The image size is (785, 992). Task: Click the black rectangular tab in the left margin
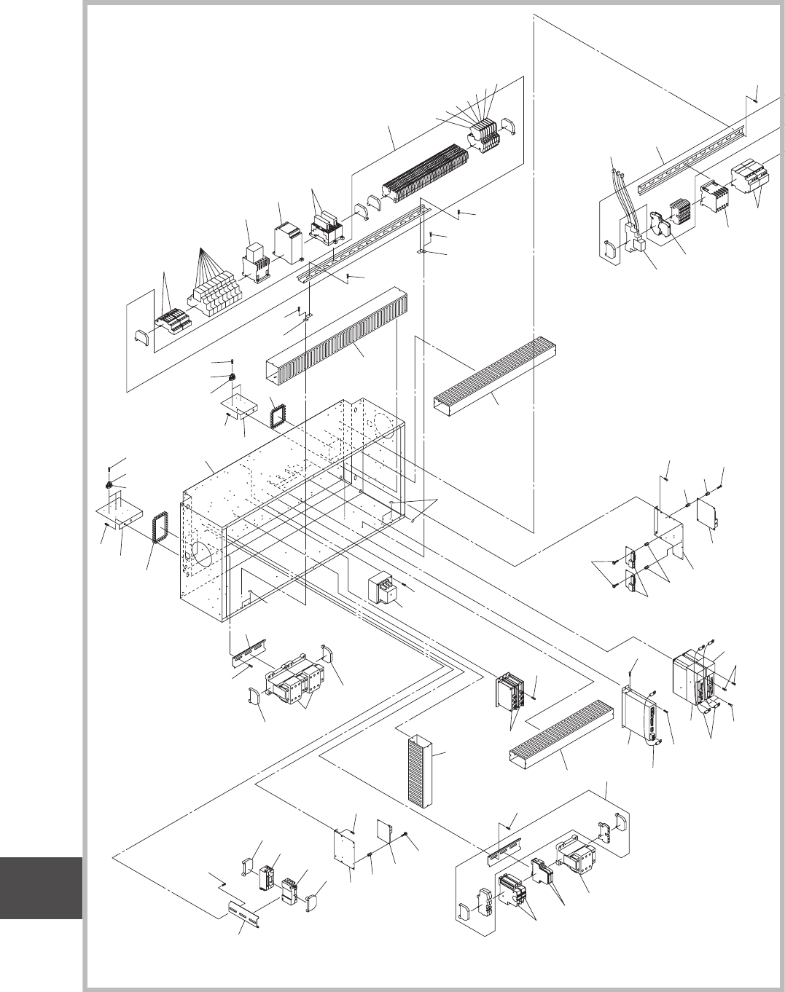[41, 888]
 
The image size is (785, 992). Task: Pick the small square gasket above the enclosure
[277, 414]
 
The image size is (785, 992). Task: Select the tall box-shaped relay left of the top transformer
[289, 243]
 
